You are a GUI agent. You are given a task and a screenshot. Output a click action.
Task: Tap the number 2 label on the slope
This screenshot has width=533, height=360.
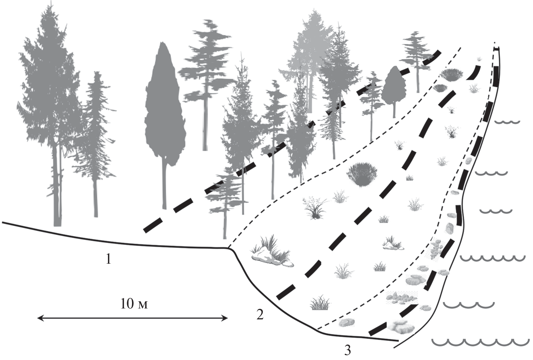[x=259, y=314]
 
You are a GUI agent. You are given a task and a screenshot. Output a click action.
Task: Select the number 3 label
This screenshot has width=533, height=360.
[x=347, y=351]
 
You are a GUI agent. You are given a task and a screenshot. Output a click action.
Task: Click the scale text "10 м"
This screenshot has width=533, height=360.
[x=134, y=304]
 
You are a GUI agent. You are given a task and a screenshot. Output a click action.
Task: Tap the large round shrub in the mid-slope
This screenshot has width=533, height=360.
[x=362, y=174]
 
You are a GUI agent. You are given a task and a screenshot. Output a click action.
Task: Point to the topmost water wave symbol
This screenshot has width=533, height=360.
[x=507, y=122]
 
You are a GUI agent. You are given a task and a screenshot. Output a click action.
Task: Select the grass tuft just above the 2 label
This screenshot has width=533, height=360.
[x=320, y=303]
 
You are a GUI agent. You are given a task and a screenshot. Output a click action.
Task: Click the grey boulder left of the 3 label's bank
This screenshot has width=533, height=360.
[x=346, y=322]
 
